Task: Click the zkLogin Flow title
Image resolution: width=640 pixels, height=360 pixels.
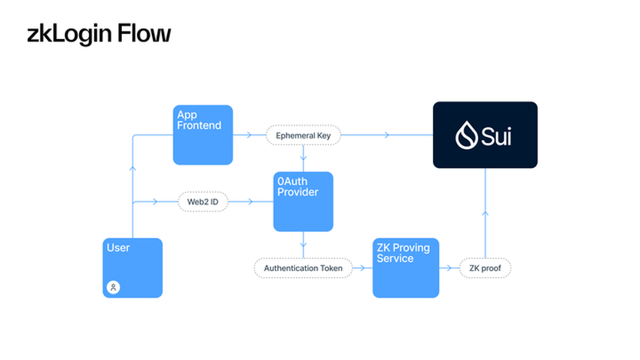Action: [x=99, y=34]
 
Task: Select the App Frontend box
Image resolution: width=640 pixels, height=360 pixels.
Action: [x=203, y=135]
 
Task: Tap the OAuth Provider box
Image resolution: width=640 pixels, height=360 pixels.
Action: [x=303, y=202]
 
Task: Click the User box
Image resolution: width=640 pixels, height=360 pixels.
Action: [x=133, y=267]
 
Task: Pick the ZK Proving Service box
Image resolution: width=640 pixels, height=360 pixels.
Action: [x=406, y=267]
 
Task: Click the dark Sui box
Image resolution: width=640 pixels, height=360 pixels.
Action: [x=485, y=135]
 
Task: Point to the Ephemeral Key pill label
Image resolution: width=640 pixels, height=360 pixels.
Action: [x=303, y=136]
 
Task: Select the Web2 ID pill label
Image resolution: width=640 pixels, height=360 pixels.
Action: [x=203, y=202]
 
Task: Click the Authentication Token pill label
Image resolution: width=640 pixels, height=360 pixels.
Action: [x=303, y=268]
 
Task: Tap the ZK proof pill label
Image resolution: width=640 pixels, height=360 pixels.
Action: [x=485, y=268]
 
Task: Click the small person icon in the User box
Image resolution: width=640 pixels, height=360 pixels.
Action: [x=114, y=287]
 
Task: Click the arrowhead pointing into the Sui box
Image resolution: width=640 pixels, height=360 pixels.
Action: [x=387, y=136]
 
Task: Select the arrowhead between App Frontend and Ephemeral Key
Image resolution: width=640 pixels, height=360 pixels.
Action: [x=249, y=136]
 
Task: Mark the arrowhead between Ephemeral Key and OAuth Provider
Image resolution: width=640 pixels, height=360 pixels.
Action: [x=303, y=158]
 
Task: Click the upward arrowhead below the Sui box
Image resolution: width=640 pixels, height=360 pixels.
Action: [x=485, y=214]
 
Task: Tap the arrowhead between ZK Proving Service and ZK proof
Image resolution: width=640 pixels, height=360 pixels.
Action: [x=450, y=268]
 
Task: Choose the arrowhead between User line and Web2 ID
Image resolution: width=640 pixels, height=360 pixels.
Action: [x=155, y=202]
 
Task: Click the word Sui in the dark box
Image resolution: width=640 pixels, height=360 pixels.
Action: [x=498, y=136]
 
